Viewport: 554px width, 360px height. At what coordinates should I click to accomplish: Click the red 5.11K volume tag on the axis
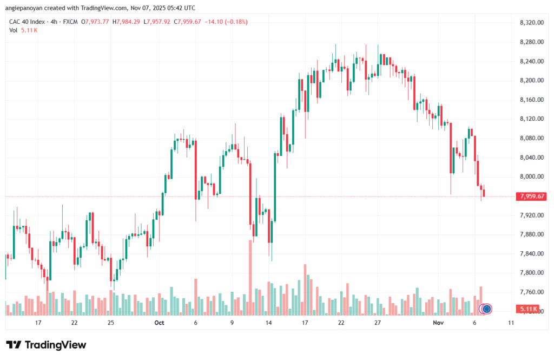(x=527, y=309)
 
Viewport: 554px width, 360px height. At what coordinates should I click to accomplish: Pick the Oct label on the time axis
(x=159, y=323)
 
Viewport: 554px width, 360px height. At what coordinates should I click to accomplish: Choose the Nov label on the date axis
(x=439, y=323)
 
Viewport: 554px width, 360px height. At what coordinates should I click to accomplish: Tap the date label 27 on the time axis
(x=378, y=323)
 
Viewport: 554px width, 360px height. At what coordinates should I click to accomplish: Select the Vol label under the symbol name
(x=13, y=30)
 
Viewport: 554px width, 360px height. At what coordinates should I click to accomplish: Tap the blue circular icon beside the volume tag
(x=486, y=309)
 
